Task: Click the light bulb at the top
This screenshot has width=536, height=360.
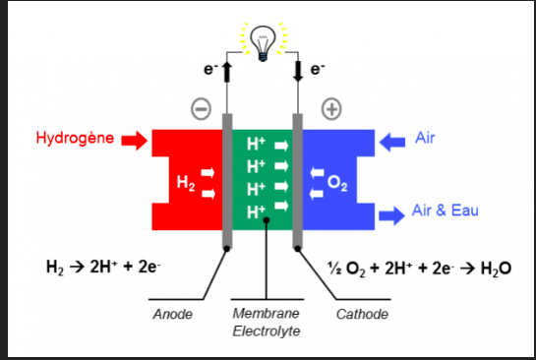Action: click(263, 42)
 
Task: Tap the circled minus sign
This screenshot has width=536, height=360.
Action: click(201, 109)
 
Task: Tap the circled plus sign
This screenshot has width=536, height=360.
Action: click(331, 109)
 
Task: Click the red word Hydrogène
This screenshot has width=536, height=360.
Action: click(75, 138)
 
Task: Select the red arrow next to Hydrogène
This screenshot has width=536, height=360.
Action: click(135, 141)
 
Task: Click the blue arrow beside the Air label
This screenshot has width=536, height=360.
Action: click(392, 142)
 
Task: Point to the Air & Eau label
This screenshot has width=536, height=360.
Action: click(446, 210)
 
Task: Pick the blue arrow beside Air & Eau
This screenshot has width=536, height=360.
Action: click(392, 215)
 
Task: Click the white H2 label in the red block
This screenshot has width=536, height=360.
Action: click(186, 183)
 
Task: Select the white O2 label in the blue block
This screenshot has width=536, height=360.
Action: click(337, 183)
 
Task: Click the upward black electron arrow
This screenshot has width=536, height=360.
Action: click(226, 72)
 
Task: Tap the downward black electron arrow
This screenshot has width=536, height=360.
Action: click(298, 72)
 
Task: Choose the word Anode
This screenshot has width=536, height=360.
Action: click(173, 314)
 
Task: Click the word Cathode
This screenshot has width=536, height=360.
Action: click(362, 314)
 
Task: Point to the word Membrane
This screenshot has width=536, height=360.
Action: click(266, 313)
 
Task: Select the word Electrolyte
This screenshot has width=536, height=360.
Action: click(267, 330)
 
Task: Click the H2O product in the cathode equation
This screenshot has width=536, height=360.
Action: click(496, 269)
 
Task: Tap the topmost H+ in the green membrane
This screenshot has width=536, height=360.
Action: click(256, 144)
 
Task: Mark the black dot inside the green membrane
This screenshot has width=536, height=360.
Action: click(267, 220)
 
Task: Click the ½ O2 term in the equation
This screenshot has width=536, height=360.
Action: click(346, 269)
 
